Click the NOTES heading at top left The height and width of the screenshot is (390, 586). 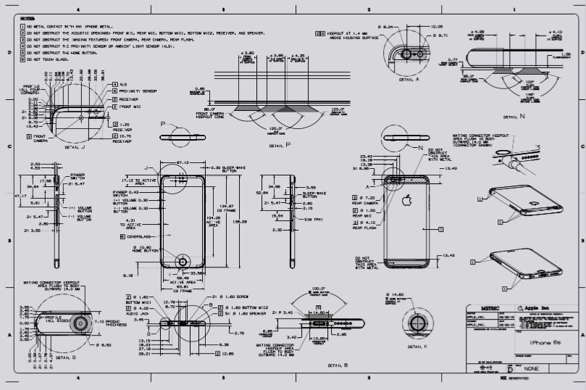[27, 17]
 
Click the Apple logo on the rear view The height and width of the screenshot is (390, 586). [407, 199]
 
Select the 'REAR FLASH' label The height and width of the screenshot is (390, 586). [367, 228]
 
